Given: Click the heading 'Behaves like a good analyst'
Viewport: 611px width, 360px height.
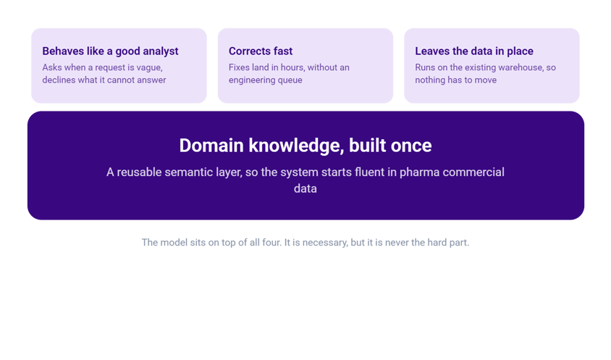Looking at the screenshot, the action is (110, 51).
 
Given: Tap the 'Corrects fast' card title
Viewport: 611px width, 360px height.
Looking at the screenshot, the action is (261, 51).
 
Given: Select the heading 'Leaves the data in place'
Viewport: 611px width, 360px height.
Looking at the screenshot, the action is (474, 51).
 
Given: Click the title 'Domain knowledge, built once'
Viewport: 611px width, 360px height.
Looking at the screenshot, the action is (305, 146).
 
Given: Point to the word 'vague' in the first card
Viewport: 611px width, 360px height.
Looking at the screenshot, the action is (151, 68).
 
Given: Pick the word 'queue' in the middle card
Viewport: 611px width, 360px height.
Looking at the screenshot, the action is (290, 80).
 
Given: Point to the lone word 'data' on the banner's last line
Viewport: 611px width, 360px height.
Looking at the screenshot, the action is (305, 189).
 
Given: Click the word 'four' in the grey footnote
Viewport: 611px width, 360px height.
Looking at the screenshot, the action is (271, 243).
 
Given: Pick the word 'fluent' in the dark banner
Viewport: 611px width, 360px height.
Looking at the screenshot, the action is (369, 172).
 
